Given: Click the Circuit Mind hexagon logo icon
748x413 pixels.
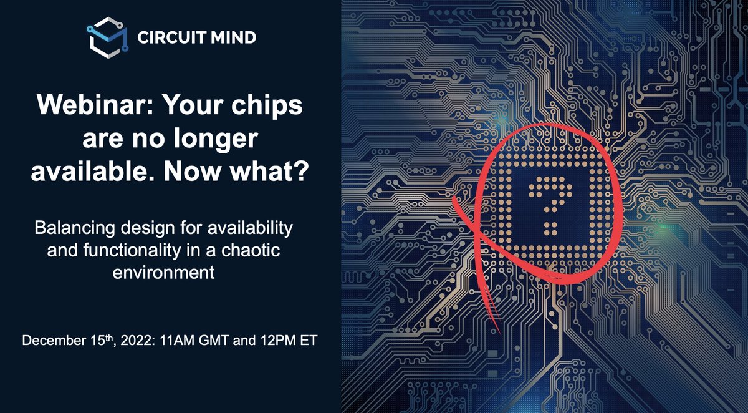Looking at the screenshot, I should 106,38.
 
